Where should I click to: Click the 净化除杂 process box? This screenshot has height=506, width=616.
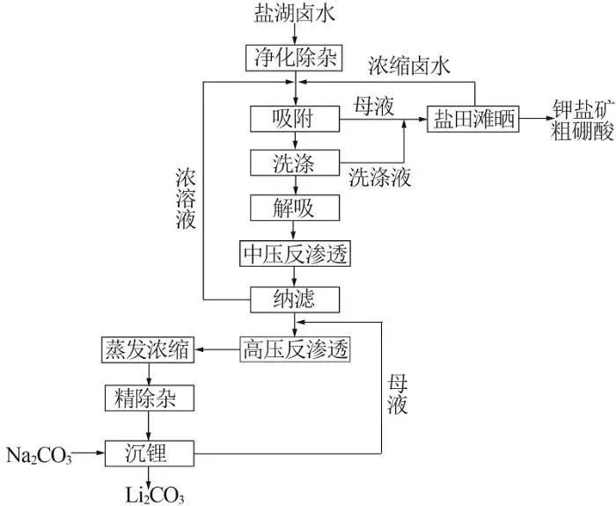294,58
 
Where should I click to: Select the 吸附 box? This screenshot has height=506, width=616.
295,119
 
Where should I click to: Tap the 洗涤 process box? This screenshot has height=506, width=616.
295,163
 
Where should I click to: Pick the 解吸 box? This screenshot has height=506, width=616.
295,208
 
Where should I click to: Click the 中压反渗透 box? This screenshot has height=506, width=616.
295,253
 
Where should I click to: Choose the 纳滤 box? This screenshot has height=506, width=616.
295,300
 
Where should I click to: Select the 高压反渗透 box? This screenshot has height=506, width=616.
295,349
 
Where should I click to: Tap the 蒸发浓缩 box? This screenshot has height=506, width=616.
148,349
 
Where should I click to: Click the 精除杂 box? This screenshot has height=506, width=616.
150,398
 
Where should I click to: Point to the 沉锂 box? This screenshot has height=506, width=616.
150,453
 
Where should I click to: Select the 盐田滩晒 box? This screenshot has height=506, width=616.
473,119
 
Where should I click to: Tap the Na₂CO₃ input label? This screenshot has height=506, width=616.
40,456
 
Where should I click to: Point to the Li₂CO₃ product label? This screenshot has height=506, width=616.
155,495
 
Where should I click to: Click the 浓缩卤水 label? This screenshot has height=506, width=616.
409,66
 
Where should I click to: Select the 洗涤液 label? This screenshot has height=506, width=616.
380,178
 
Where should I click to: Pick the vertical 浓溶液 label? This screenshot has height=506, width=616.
186,199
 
